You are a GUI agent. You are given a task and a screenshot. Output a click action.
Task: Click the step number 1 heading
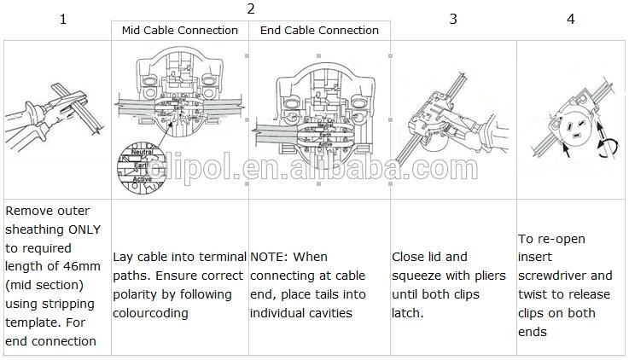click(x=62, y=19)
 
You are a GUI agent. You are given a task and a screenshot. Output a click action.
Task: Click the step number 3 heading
click(x=453, y=19)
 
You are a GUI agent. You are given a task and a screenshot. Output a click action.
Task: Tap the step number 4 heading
click(x=571, y=19)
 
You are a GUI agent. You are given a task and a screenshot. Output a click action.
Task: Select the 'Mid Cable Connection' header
click(x=180, y=30)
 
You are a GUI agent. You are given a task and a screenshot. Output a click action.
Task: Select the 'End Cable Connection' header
click(x=318, y=30)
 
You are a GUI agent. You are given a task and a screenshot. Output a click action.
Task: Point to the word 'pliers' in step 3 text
click(x=488, y=276)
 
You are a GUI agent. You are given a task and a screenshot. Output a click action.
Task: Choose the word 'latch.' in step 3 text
click(x=408, y=313)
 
